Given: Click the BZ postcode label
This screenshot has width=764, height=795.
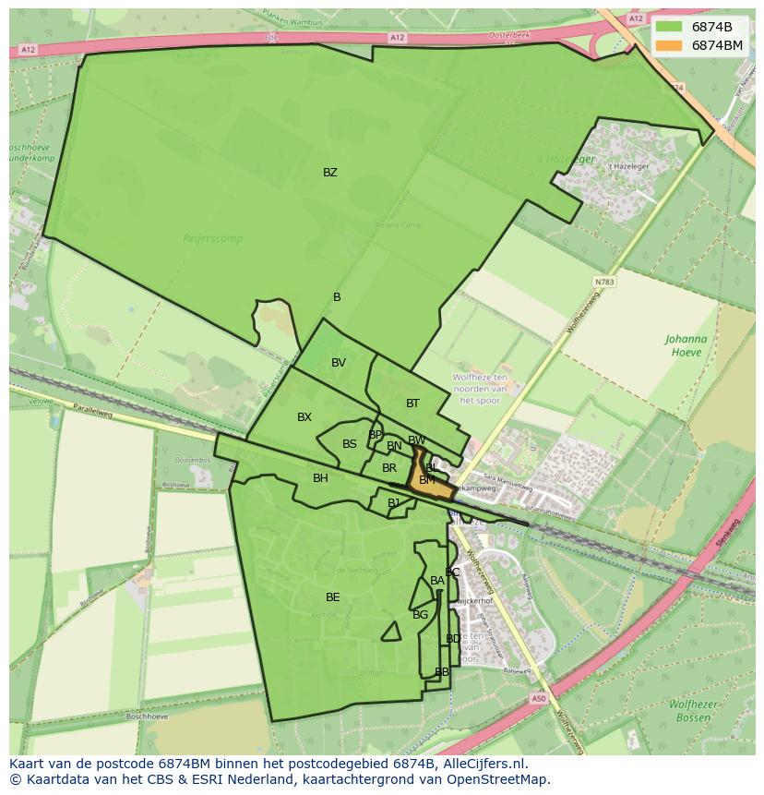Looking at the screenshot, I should coord(329,173).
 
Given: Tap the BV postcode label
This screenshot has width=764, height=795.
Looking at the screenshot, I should coord(339,363).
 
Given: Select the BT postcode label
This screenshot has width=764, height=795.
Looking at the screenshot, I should coord(412,403).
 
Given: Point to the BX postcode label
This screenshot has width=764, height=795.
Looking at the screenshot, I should coord(304,417).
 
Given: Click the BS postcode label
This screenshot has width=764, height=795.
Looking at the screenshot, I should coord(350,444).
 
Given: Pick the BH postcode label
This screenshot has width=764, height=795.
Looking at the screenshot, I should coord(320,478).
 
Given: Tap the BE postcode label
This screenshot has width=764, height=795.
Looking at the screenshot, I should coord(332,597).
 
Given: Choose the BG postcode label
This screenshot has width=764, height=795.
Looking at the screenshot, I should coord(420,615).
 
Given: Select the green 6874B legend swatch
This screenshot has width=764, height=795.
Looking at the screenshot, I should coord(668,27).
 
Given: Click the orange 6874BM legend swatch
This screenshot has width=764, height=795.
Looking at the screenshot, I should coord(668,45).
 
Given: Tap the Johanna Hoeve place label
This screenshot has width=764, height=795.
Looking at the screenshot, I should coord(686,345).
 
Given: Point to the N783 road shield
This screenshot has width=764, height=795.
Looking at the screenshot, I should coord(604,282).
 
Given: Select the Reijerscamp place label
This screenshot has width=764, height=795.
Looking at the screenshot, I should coord(212,238).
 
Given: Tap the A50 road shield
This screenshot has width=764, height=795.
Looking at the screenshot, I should coord(538,699).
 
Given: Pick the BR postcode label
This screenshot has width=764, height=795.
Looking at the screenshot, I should coord(388,468).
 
